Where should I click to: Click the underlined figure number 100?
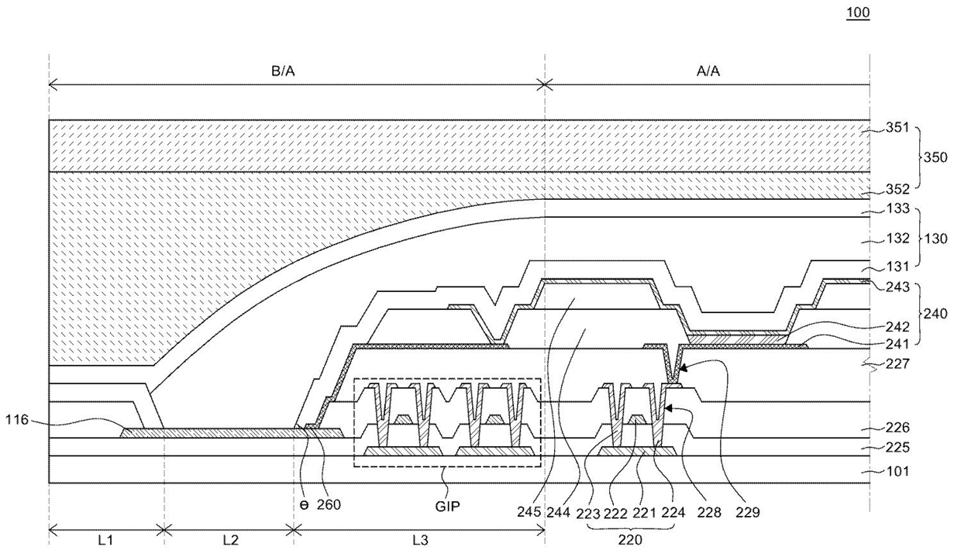(x=859, y=13)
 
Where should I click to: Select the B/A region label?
(x=283, y=71)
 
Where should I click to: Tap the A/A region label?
(x=708, y=71)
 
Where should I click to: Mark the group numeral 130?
(x=935, y=239)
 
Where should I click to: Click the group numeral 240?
(x=935, y=315)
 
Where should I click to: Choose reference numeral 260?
(x=329, y=504)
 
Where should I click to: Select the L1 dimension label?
(x=106, y=542)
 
